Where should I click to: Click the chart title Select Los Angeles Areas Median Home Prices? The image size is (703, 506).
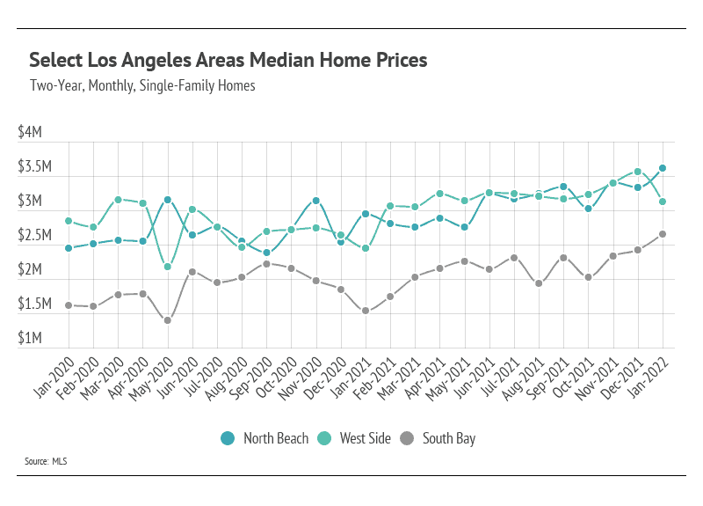[x=228, y=61]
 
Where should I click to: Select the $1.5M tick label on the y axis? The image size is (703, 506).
[x=35, y=304]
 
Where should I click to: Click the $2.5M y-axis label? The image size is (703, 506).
[x=35, y=236]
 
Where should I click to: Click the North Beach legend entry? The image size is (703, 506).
[x=265, y=438]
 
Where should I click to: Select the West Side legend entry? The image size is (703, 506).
[x=354, y=438]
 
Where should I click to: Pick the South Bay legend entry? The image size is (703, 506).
[x=438, y=438]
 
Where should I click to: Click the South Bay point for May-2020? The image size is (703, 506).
[x=168, y=320]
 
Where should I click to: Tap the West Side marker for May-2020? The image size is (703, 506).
[x=168, y=267]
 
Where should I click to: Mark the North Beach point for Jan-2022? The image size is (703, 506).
[x=663, y=168]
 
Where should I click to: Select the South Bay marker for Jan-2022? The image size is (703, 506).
[x=663, y=234]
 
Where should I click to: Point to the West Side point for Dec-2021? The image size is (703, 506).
[x=638, y=172]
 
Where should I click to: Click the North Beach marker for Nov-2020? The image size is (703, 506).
[x=316, y=201]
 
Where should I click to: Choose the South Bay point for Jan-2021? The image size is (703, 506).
[x=366, y=311]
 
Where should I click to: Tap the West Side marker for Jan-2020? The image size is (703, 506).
[x=69, y=221]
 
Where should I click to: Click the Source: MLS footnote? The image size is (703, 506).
[x=47, y=461]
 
